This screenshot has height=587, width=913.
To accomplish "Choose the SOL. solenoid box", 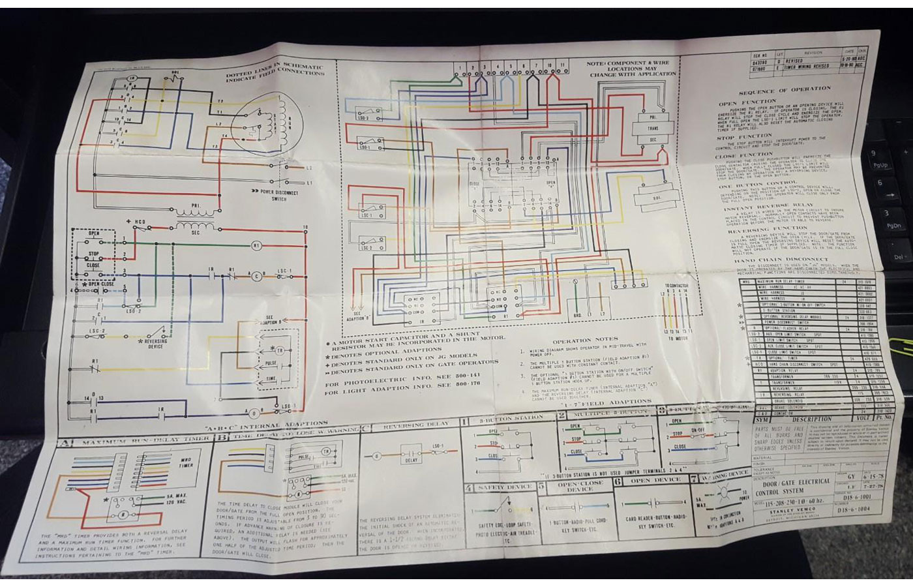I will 656,196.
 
